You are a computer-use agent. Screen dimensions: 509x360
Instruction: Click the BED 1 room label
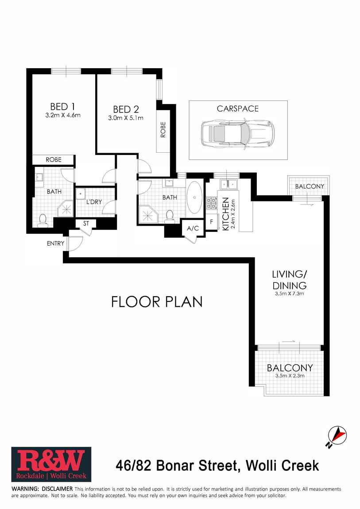(59, 107)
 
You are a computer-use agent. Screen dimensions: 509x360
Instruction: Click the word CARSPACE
(238, 108)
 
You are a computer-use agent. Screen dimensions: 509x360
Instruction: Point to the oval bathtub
(194, 198)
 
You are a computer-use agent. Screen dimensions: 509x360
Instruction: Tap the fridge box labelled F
(212, 221)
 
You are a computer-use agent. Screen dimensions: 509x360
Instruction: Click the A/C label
(193, 228)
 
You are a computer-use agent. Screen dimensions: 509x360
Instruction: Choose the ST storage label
(86, 224)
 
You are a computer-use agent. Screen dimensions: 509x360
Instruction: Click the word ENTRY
(56, 243)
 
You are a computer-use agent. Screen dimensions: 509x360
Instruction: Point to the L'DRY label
(94, 202)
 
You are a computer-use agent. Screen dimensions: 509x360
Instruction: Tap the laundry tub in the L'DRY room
(81, 193)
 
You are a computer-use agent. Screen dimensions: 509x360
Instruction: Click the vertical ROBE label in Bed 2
(163, 130)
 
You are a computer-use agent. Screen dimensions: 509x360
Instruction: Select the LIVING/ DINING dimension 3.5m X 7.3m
(290, 293)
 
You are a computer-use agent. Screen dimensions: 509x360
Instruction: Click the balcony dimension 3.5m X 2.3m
(290, 376)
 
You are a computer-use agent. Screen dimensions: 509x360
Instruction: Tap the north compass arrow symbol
(338, 436)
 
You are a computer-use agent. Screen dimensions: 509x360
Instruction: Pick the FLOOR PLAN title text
(157, 302)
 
